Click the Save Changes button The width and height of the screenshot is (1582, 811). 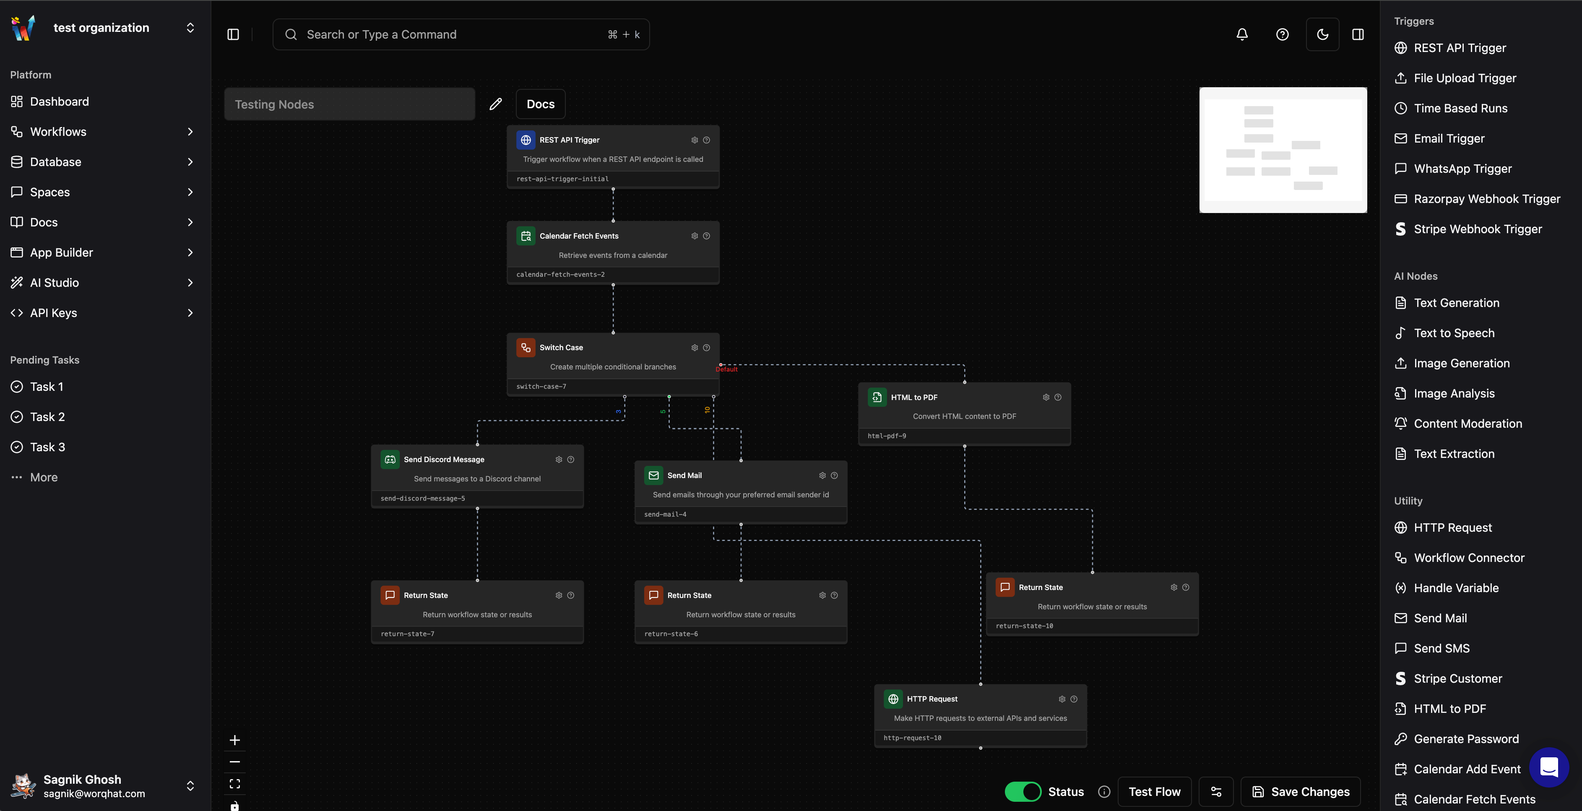[1300, 791]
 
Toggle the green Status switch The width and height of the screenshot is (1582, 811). [1023, 791]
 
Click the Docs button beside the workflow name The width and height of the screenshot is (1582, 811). [540, 104]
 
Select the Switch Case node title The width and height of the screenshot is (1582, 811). [561, 348]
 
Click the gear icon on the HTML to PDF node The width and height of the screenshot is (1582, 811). [1046, 397]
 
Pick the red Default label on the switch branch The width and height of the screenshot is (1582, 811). [726, 369]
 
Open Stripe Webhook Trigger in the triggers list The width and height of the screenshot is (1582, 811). [1477, 229]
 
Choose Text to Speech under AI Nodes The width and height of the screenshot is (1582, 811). [1454, 333]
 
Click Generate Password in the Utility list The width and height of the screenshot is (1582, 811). [1466, 738]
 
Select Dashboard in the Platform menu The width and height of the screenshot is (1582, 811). [59, 101]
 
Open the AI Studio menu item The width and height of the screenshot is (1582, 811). [54, 282]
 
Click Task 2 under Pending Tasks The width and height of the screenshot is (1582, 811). [47, 417]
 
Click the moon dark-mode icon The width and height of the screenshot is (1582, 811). [1322, 34]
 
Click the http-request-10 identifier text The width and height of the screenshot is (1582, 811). [912, 738]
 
